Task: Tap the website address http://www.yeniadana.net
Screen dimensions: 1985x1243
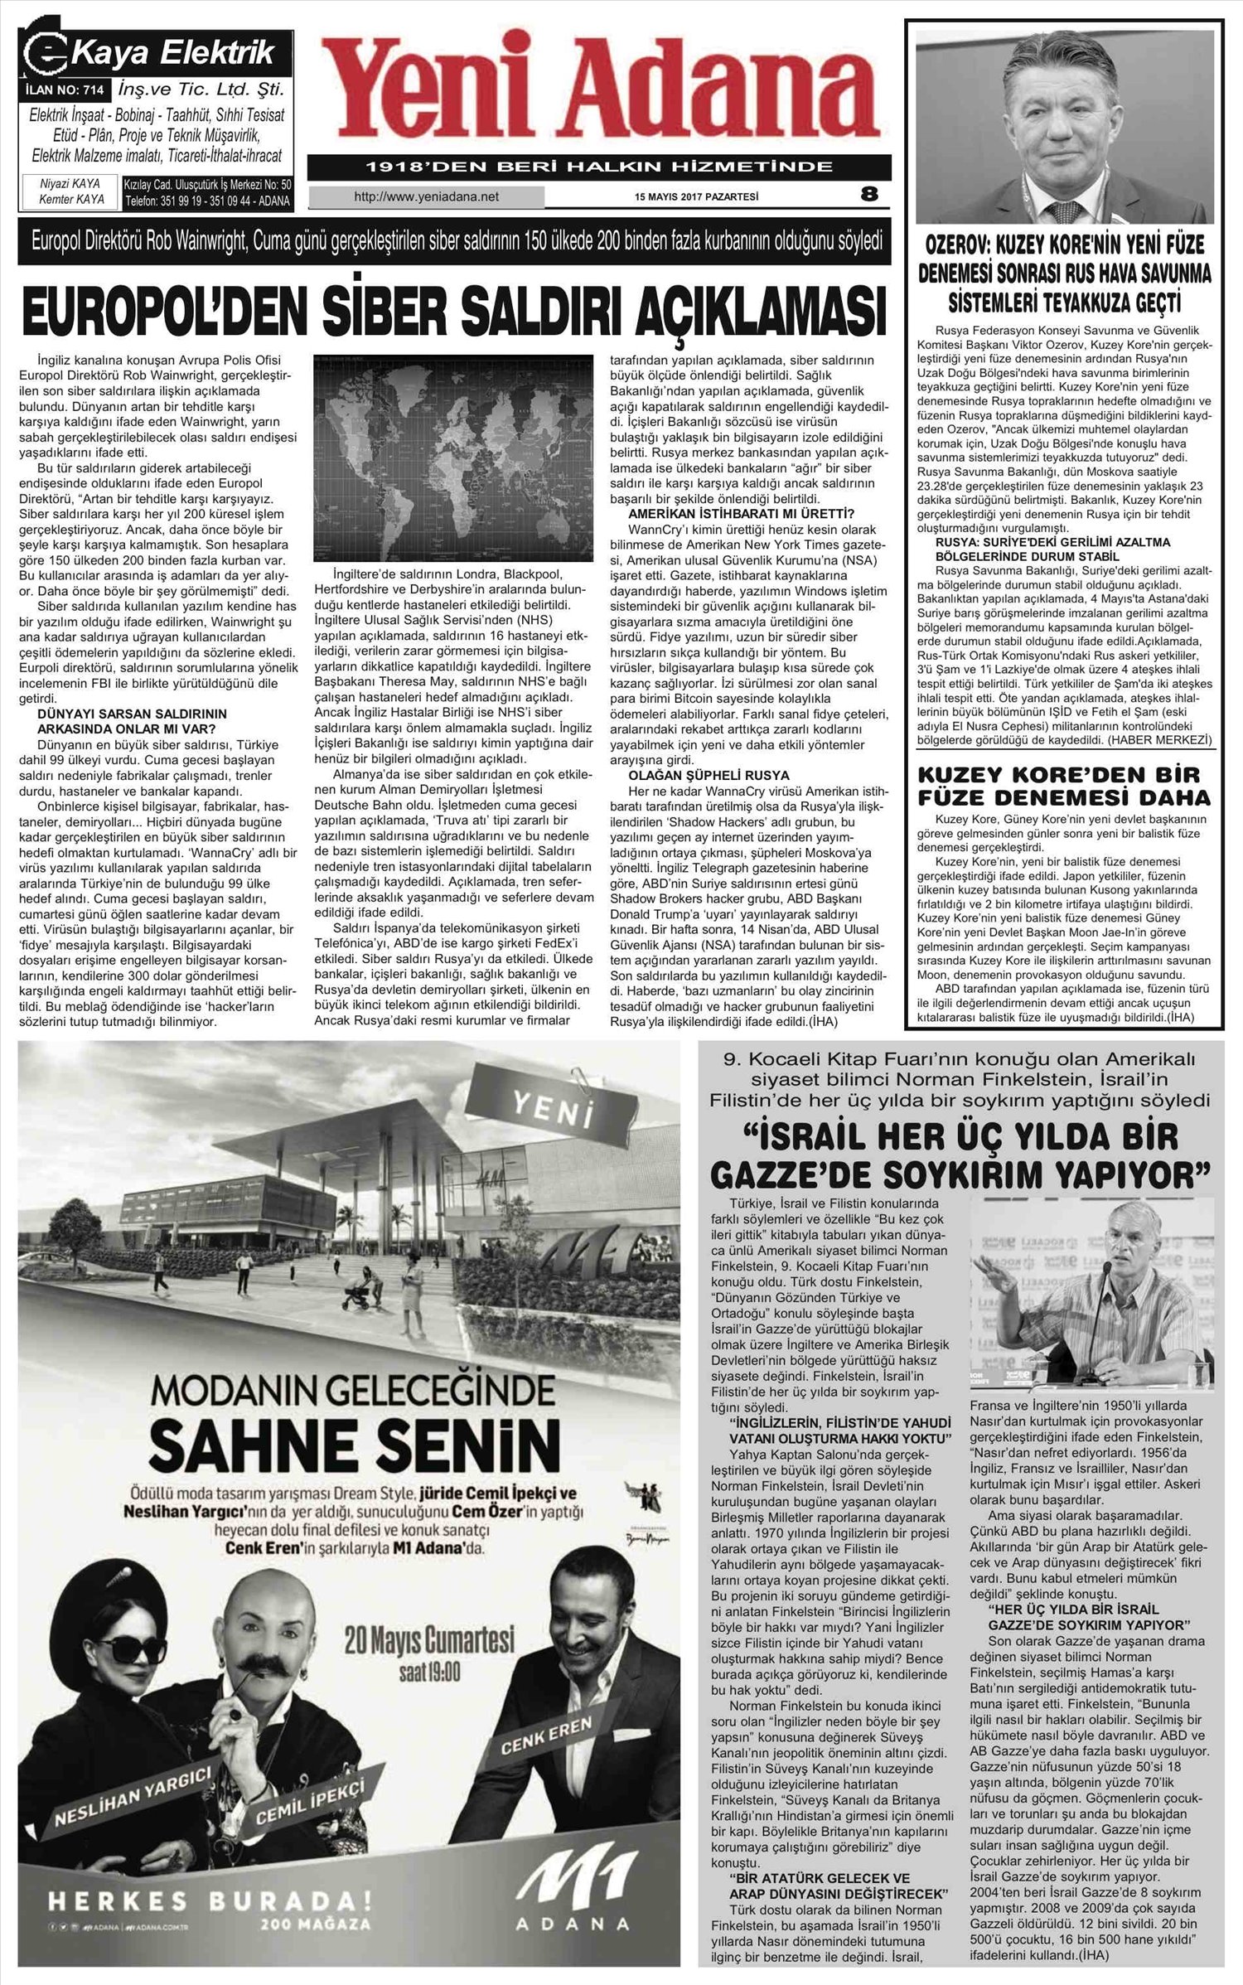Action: pos(426,197)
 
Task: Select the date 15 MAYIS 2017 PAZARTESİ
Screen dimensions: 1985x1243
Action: pos(696,197)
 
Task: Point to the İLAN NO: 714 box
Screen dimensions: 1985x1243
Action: pos(65,89)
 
